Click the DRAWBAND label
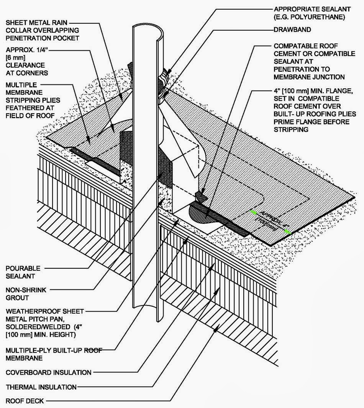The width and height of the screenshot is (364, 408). (x=292, y=29)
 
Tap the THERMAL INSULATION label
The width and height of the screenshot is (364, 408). (x=41, y=387)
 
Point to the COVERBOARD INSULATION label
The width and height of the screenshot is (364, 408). (x=49, y=372)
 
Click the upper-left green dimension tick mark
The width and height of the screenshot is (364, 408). (x=252, y=211)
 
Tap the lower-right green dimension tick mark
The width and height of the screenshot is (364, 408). (x=287, y=231)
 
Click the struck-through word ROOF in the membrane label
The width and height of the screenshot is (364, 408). (x=95, y=350)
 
